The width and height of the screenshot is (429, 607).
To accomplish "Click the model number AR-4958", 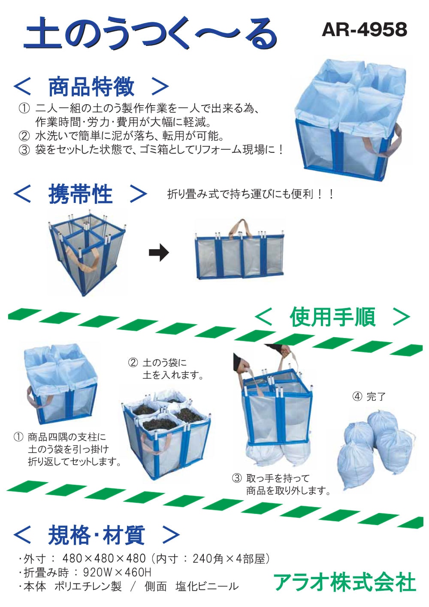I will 364,30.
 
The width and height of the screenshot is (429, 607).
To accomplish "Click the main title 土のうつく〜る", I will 150,33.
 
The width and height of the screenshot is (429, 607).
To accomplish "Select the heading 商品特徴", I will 91,87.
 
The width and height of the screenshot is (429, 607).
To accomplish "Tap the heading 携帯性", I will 80,194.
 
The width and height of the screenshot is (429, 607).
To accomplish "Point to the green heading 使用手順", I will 332,317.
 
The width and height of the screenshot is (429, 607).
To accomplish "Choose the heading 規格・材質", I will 96,535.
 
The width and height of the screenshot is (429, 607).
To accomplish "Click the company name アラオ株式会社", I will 344,582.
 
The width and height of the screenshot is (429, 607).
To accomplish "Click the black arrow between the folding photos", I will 159,253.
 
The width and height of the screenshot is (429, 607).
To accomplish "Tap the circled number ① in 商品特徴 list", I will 24,109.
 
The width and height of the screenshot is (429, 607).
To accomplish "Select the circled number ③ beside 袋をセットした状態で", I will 24,150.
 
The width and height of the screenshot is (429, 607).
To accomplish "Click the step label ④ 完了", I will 369,397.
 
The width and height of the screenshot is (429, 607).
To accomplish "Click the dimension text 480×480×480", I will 104,558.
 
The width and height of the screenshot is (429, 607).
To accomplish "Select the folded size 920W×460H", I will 117,572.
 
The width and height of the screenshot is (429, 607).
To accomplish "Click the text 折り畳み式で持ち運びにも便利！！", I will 251,194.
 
